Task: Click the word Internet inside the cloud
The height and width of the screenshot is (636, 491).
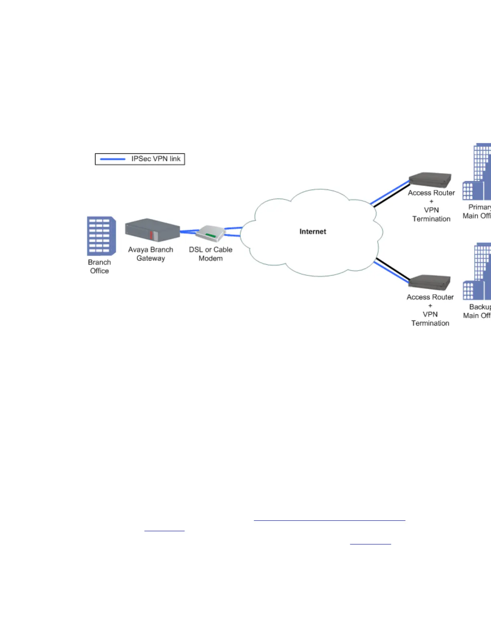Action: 312,232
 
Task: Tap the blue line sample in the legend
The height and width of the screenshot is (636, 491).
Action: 113,159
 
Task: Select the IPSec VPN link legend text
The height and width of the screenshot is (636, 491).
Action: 156,159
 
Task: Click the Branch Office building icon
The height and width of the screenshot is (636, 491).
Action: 101,236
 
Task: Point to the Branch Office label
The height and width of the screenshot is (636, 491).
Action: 99,266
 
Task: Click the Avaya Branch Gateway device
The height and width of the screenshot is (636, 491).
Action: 152,230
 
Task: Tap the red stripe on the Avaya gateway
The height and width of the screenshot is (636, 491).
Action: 151,235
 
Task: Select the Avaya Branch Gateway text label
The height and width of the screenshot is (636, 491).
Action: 150,254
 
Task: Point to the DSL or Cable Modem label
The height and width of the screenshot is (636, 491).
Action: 211,254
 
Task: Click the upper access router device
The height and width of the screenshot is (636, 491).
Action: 430,180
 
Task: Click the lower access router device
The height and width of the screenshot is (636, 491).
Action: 429,282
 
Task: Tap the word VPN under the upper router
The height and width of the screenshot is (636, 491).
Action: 431,210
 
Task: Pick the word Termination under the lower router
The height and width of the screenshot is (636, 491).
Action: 430,323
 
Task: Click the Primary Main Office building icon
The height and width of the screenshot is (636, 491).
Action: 477,173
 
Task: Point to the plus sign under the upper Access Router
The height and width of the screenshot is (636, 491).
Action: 431,202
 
